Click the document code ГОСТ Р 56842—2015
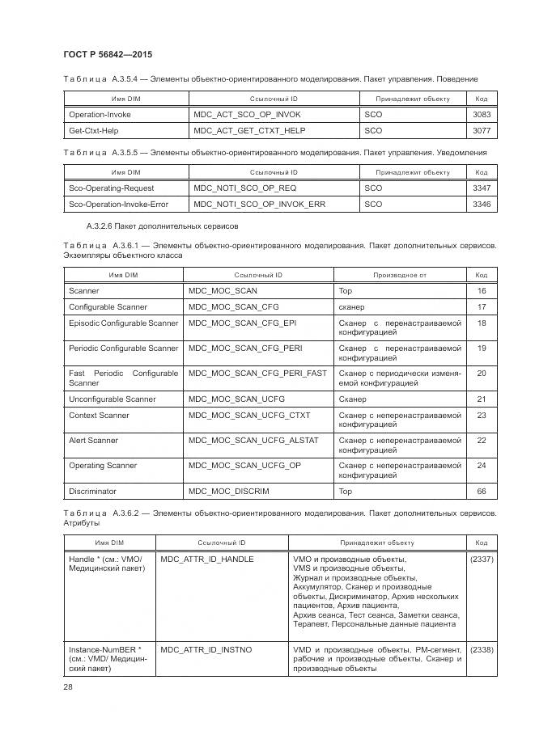point(108,54)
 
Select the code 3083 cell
point(481,115)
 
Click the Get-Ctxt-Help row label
point(94,129)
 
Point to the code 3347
point(481,188)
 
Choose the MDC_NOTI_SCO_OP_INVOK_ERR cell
point(259,205)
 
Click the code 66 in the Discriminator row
point(482,492)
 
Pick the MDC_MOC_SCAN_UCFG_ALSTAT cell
point(253,441)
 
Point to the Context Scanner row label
point(99,416)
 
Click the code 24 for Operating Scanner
point(482,466)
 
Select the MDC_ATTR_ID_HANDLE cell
point(207,560)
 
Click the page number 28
point(68,686)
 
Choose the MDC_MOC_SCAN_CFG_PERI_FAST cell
point(257,374)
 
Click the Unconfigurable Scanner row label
point(113,399)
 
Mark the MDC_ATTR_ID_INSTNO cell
point(206,650)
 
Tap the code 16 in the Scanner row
point(482,291)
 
